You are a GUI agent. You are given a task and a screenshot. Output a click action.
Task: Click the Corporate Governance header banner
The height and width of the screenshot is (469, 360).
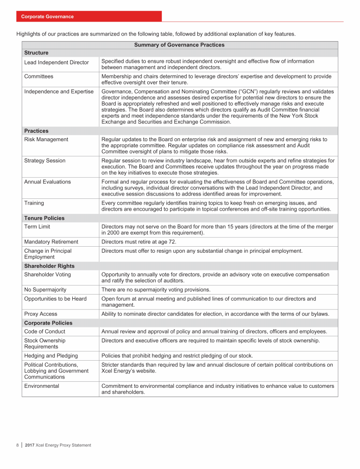[x=47, y=16]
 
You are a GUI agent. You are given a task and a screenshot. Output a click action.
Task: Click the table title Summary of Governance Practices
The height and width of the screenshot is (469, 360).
[x=179, y=45]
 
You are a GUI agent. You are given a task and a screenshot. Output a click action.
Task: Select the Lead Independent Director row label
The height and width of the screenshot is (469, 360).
[x=56, y=63]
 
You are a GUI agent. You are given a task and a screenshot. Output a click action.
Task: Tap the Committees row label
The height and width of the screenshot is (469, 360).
[x=38, y=76]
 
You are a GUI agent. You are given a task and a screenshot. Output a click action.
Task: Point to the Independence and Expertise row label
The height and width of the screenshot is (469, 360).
[x=59, y=91]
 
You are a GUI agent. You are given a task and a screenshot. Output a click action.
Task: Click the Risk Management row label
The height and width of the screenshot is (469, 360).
[x=46, y=139]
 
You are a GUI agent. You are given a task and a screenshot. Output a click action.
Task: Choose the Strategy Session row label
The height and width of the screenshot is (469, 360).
[x=45, y=161]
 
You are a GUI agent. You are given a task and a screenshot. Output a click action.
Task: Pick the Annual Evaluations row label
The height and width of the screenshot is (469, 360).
[x=47, y=182]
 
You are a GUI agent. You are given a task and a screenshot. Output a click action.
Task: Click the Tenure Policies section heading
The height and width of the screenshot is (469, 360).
[x=44, y=218]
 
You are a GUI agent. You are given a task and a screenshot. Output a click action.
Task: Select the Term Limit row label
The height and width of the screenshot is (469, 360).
[x=38, y=227]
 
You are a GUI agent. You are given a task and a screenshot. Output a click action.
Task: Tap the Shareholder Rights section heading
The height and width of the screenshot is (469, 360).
[x=49, y=266]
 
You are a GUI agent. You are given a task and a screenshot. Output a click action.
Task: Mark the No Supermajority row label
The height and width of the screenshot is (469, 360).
[x=45, y=289]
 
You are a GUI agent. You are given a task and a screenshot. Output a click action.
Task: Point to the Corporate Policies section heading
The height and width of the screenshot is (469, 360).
[x=47, y=323]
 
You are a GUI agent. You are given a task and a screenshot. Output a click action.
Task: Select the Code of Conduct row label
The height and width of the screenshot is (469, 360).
[x=45, y=332]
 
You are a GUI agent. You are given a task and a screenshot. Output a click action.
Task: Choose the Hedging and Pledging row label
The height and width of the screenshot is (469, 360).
[x=51, y=356]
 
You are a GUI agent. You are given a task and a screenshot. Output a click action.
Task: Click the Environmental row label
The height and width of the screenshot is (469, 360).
[x=41, y=386]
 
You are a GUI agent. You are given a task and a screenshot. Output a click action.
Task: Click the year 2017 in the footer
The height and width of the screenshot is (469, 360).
[x=30, y=445]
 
